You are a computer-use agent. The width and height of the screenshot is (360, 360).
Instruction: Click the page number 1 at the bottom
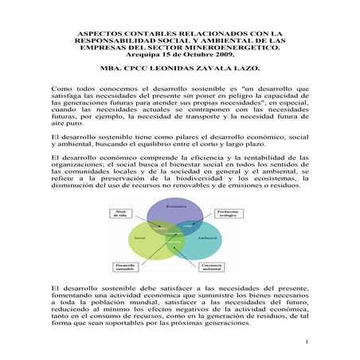tap(306, 342)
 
